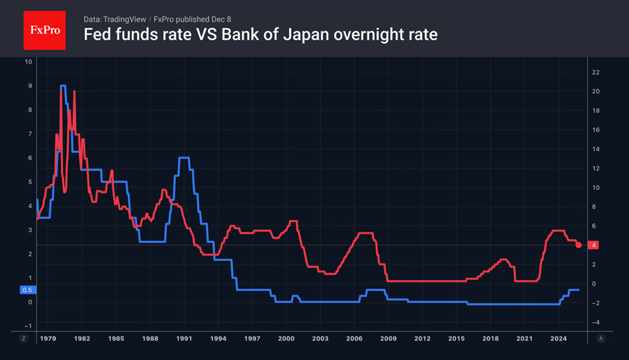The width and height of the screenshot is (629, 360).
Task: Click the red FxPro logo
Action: tap(44, 30)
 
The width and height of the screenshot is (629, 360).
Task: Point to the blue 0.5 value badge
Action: tap(27, 290)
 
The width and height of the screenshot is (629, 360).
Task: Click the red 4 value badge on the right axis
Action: tap(594, 246)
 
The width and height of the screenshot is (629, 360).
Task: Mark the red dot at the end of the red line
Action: tap(579, 245)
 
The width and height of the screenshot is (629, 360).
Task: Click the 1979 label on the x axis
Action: tap(47, 339)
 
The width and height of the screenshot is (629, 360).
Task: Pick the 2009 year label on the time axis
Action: tap(388, 339)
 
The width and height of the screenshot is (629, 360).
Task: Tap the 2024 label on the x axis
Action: tap(559, 339)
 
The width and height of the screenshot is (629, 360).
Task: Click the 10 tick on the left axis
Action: tap(28, 62)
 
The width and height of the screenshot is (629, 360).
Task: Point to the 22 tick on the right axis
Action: tap(594, 72)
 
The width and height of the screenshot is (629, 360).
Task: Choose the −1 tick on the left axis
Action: tap(28, 326)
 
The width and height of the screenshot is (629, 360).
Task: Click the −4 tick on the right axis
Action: tap(594, 323)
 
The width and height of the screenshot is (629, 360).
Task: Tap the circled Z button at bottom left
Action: tap(24, 339)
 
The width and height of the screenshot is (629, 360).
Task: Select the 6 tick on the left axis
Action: tap(29, 158)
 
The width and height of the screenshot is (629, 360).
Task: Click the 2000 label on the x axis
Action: tap(286, 339)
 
